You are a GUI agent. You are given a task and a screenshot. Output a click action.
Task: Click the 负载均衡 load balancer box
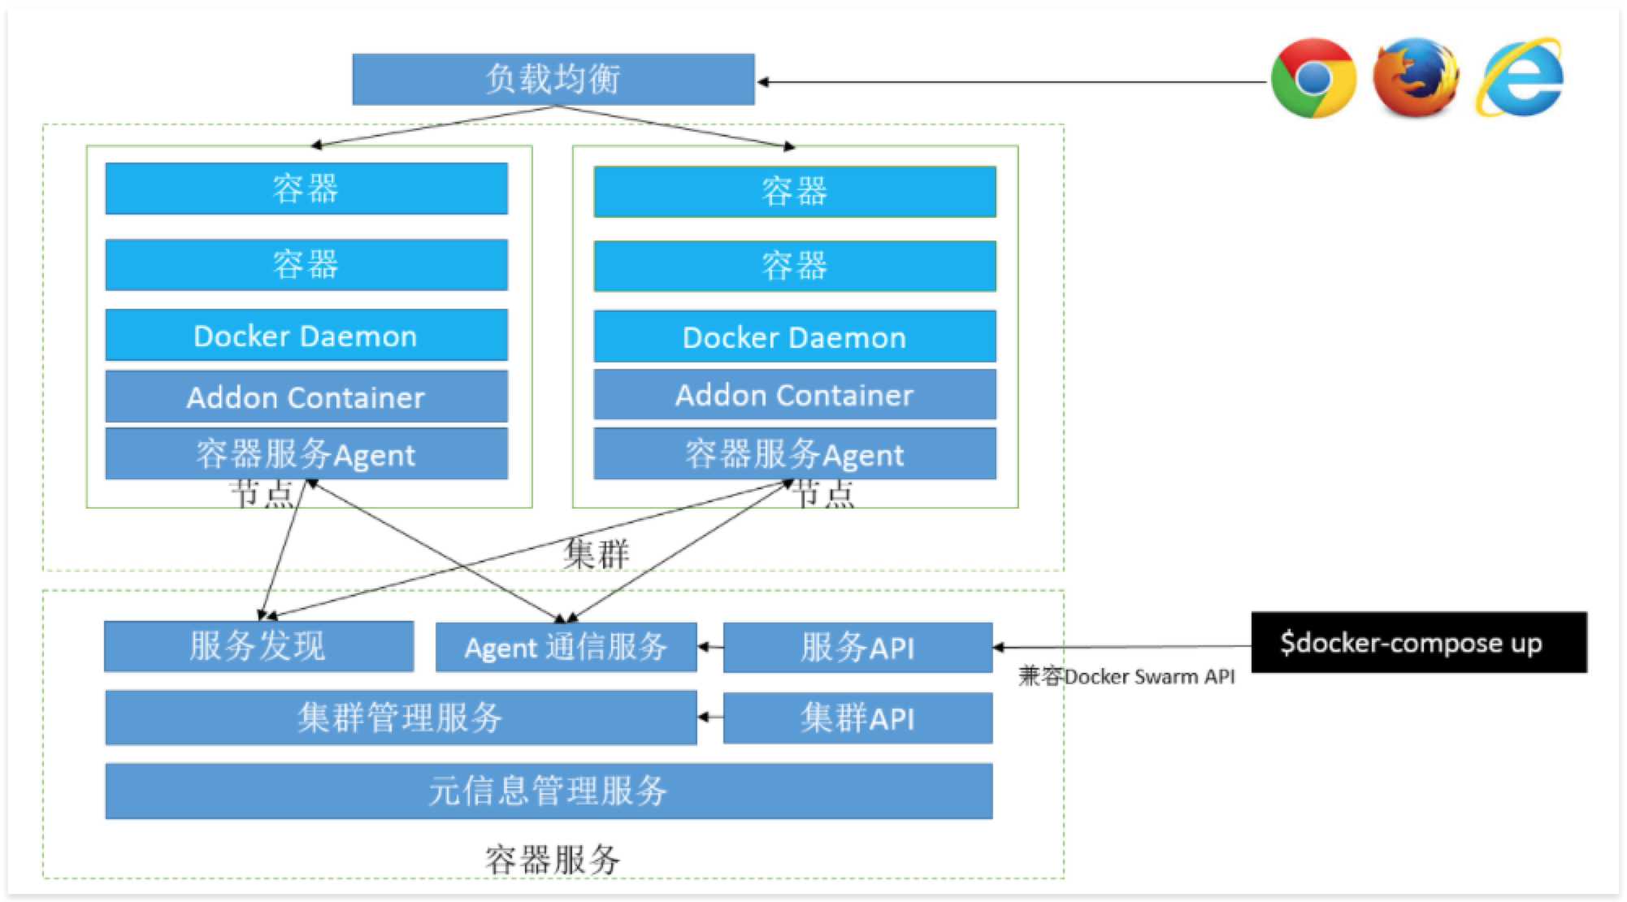tap(553, 80)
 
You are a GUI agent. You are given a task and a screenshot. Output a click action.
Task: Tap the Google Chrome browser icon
tap(1313, 79)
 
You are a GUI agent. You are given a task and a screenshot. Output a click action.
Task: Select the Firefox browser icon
tap(1415, 78)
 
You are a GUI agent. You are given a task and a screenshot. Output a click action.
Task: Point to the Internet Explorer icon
tap(1519, 78)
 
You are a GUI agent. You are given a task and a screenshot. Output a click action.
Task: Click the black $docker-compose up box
tap(1418, 643)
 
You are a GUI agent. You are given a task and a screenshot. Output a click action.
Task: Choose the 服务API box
tap(857, 648)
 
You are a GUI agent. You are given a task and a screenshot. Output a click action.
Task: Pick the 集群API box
tap(857, 718)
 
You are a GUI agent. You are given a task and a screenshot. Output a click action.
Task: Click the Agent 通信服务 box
tap(566, 648)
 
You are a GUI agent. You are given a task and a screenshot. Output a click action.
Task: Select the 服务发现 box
tap(258, 647)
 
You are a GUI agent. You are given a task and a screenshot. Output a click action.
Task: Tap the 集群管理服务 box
tap(401, 718)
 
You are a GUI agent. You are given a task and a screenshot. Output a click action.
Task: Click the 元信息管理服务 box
tap(549, 791)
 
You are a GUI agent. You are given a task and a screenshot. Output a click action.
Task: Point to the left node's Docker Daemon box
tap(306, 336)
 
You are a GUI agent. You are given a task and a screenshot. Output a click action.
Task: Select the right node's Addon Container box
tap(794, 395)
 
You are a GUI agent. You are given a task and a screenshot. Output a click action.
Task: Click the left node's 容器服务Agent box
tap(306, 454)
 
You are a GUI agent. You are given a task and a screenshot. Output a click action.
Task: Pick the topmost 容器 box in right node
tap(794, 192)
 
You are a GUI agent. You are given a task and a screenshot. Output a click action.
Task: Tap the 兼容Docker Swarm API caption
tap(1126, 677)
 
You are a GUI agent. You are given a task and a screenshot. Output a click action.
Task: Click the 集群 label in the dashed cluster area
tap(597, 554)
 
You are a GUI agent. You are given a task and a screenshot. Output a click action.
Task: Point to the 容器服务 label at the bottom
tap(553, 860)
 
